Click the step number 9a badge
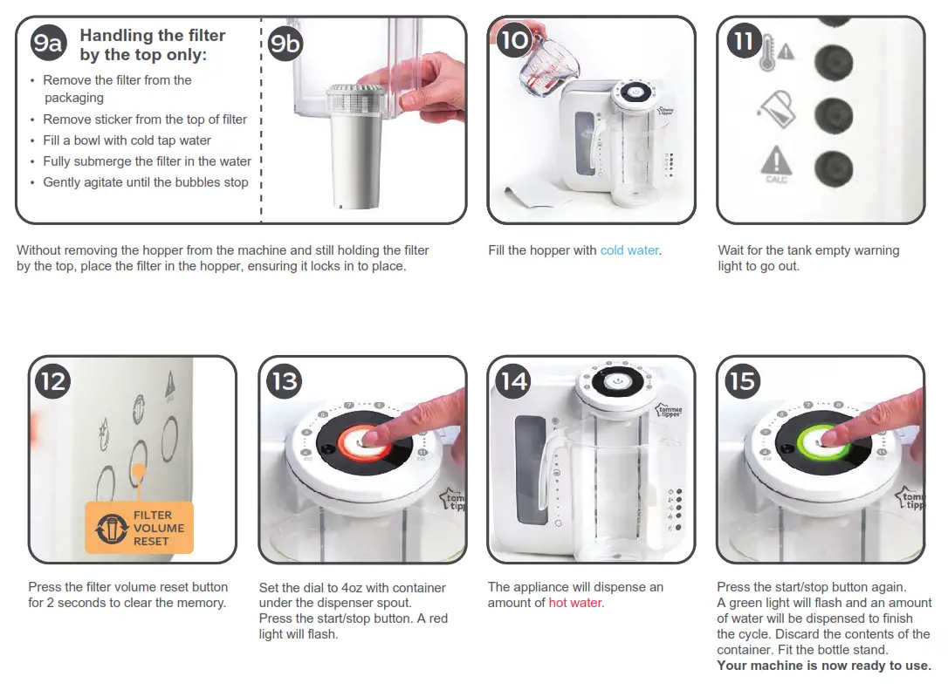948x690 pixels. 47,43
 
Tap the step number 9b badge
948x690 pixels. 285,43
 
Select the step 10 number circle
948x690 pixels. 515,40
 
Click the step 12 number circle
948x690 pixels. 52,380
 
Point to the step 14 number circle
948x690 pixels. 513,380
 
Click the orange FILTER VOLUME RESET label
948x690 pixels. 139,528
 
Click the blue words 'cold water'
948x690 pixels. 629,250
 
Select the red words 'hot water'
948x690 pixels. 575,603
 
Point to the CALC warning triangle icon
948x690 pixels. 775,163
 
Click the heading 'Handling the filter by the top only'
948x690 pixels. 153,45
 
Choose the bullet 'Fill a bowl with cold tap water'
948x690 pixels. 127,140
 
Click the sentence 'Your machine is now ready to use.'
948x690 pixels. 823,666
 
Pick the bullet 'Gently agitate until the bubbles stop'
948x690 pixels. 145,182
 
